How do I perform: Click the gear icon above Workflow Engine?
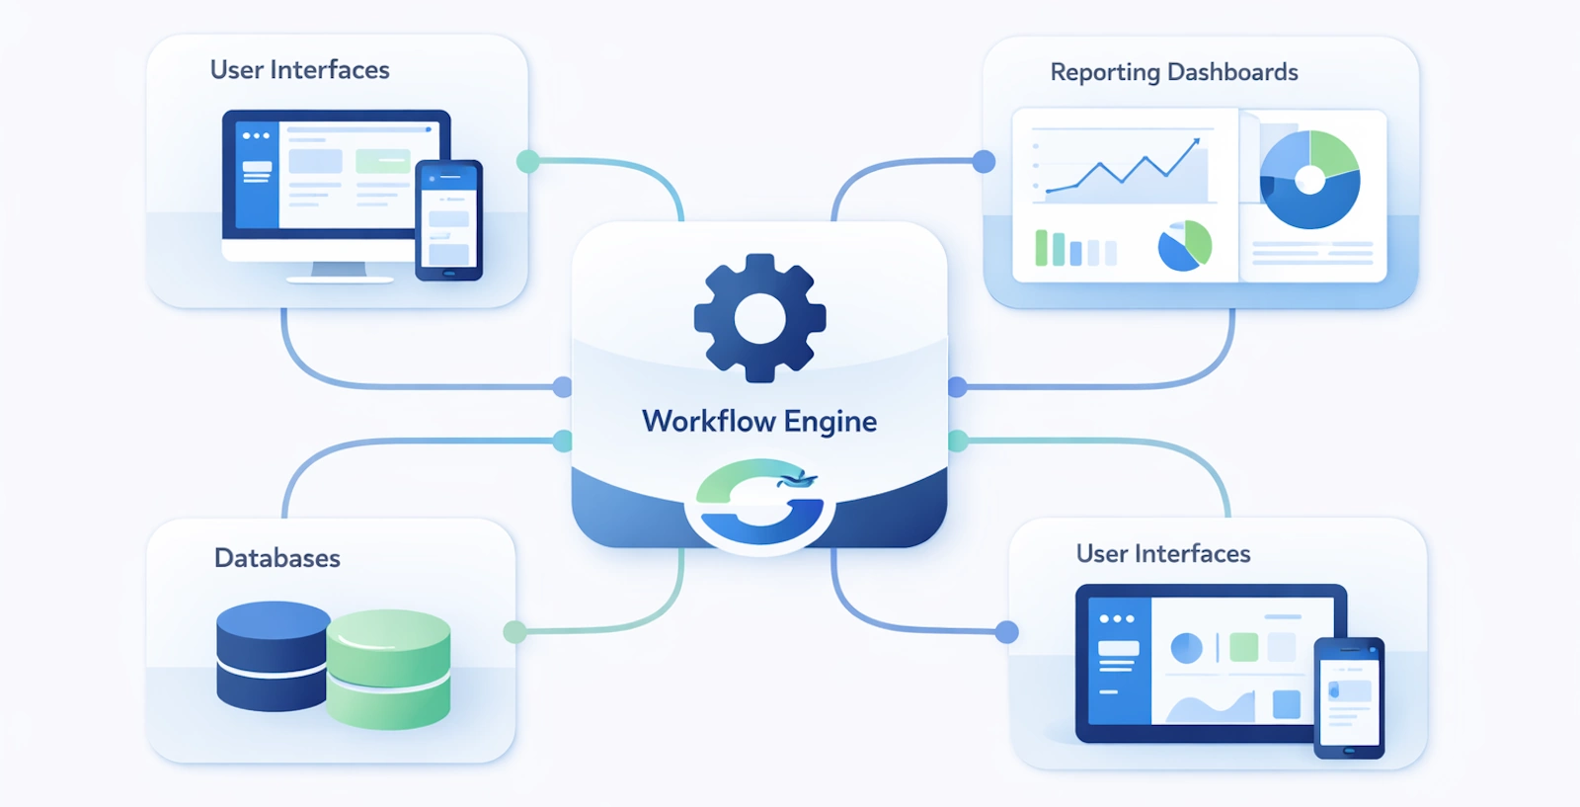pos(759,318)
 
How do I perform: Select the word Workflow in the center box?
pos(708,422)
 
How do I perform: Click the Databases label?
pos(276,558)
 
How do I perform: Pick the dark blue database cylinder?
pos(272,657)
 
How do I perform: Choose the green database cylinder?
pos(389,670)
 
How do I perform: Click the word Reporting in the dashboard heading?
pos(1104,73)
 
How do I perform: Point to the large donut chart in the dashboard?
pos(1309,180)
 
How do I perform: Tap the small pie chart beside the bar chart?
pos(1184,246)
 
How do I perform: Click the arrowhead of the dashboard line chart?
pos(1197,142)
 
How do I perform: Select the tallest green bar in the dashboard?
pos(1041,248)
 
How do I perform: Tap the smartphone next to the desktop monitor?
pos(448,220)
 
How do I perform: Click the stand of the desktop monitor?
pos(339,270)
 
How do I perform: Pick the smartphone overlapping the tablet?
pos(1349,697)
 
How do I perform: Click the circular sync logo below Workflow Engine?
pos(759,503)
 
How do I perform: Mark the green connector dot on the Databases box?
pos(514,632)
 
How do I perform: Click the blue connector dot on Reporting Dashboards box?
pos(984,161)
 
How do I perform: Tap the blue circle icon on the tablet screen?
pos(1186,648)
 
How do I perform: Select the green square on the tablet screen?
pos(1243,647)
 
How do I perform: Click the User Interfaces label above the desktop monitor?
pos(299,70)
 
